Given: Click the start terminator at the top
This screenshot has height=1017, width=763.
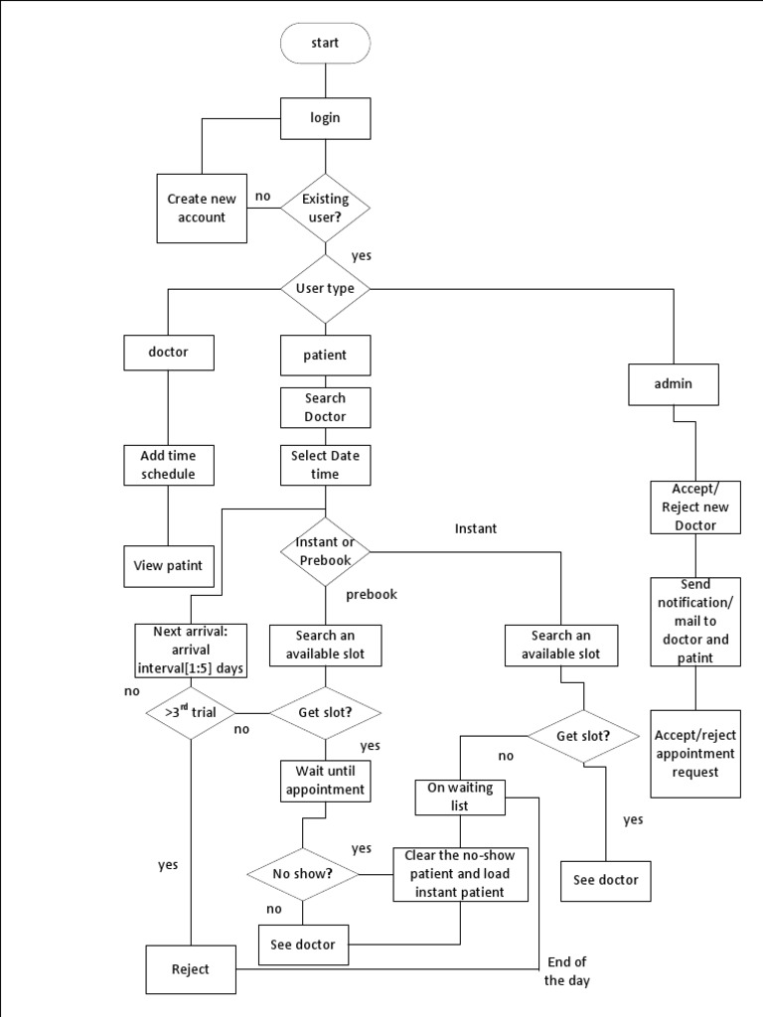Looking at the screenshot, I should pos(326,44).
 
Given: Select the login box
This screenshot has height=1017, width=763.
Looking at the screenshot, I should pos(326,117).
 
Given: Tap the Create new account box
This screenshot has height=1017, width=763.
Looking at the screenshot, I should pos(202,209).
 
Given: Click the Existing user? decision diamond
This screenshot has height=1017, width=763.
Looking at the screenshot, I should pos(326,208).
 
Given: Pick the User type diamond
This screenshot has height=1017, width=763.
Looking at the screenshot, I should pos(326,289).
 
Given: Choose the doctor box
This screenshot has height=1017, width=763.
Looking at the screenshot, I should pos(168,353).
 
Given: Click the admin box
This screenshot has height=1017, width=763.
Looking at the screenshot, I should pos(674,383).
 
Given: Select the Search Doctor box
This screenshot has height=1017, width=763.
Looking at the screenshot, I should pos(326,407).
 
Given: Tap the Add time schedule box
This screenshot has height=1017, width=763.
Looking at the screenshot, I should pos(168,465).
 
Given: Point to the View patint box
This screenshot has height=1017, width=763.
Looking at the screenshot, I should pos(168,566).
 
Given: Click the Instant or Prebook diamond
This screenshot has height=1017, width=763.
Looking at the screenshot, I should pos(326,551).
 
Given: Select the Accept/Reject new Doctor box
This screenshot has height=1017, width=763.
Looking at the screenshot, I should pos(695,507).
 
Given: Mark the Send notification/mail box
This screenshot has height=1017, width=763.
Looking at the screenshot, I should pos(695,621).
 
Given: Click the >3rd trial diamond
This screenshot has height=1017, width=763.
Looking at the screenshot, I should pos(189,712).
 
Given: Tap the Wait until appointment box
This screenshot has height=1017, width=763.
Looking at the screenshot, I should pos(326,781).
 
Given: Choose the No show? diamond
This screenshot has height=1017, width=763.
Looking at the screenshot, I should pos(302,874).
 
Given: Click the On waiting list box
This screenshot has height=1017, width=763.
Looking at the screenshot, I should pos(460,797).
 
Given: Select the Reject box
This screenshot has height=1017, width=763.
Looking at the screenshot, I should pos(191,969).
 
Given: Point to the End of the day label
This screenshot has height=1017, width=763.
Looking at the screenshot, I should pos(567,970).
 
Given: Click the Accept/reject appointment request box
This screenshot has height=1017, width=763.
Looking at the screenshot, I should pos(695,753).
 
